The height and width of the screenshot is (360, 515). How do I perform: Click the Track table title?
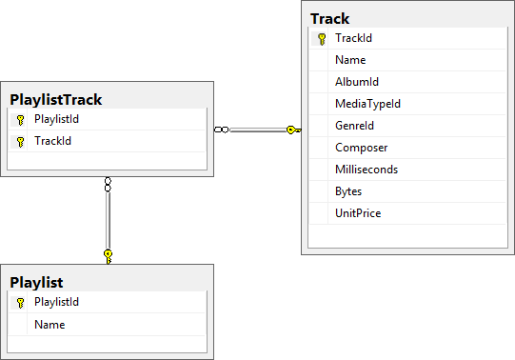coord(329,18)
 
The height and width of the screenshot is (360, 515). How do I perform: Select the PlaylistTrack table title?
coord(55,98)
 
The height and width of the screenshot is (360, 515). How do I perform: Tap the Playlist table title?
coord(36,282)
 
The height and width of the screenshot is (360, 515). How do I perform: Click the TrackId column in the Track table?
coord(353,38)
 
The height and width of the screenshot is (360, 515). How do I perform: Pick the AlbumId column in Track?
coord(357,82)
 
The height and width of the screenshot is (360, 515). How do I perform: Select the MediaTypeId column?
coord(367,104)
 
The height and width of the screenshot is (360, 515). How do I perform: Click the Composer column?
coord(361,148)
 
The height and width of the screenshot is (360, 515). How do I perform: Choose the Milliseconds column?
coord(366,170)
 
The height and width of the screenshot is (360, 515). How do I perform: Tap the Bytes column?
coord(348,191)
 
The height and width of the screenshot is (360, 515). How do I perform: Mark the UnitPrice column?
coord(358,213)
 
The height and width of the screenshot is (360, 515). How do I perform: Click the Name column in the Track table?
coord(350,60)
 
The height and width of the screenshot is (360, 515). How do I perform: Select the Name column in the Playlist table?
coord(50,325)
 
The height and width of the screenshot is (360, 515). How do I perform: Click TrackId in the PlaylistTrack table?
coord(52,141)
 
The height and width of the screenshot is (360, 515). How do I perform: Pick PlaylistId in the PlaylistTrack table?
coord(56,119)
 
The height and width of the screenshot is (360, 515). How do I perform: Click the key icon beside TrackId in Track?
coord(322,38)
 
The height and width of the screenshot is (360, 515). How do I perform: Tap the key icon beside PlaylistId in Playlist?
coord(20,303)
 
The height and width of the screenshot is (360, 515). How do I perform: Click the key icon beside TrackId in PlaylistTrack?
coord(20,141)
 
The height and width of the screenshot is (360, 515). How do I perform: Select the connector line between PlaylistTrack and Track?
coord(257,130)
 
